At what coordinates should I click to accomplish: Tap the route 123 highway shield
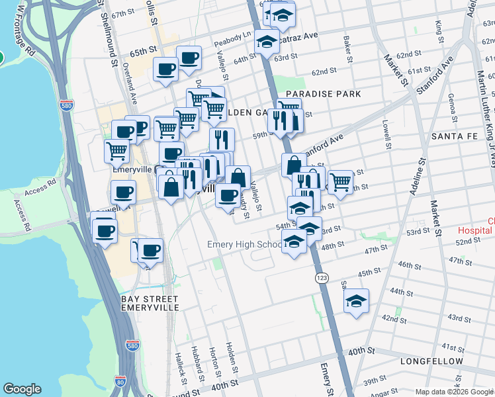[321, 277]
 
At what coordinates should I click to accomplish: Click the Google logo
[22, 388]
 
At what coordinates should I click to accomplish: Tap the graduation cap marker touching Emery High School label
[294, 242]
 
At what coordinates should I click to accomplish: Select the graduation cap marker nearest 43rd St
[356, 302]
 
